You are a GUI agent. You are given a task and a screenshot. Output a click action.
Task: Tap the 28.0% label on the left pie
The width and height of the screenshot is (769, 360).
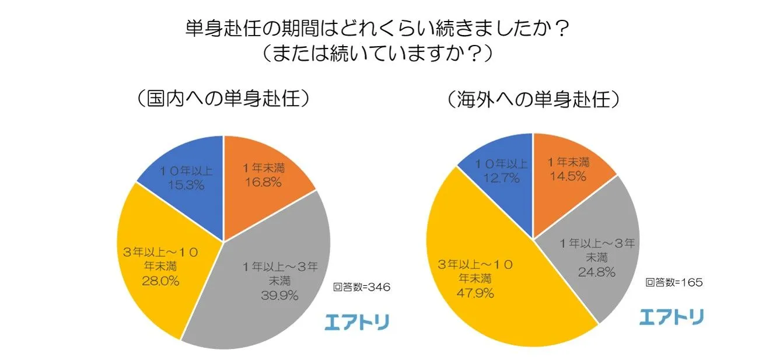160,281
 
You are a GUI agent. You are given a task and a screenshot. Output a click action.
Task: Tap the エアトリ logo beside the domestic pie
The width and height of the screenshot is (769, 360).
356,321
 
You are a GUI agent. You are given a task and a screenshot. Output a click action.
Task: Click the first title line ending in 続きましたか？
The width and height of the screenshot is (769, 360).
376,27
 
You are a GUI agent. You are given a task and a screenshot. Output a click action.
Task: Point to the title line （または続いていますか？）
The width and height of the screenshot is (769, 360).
376,53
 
